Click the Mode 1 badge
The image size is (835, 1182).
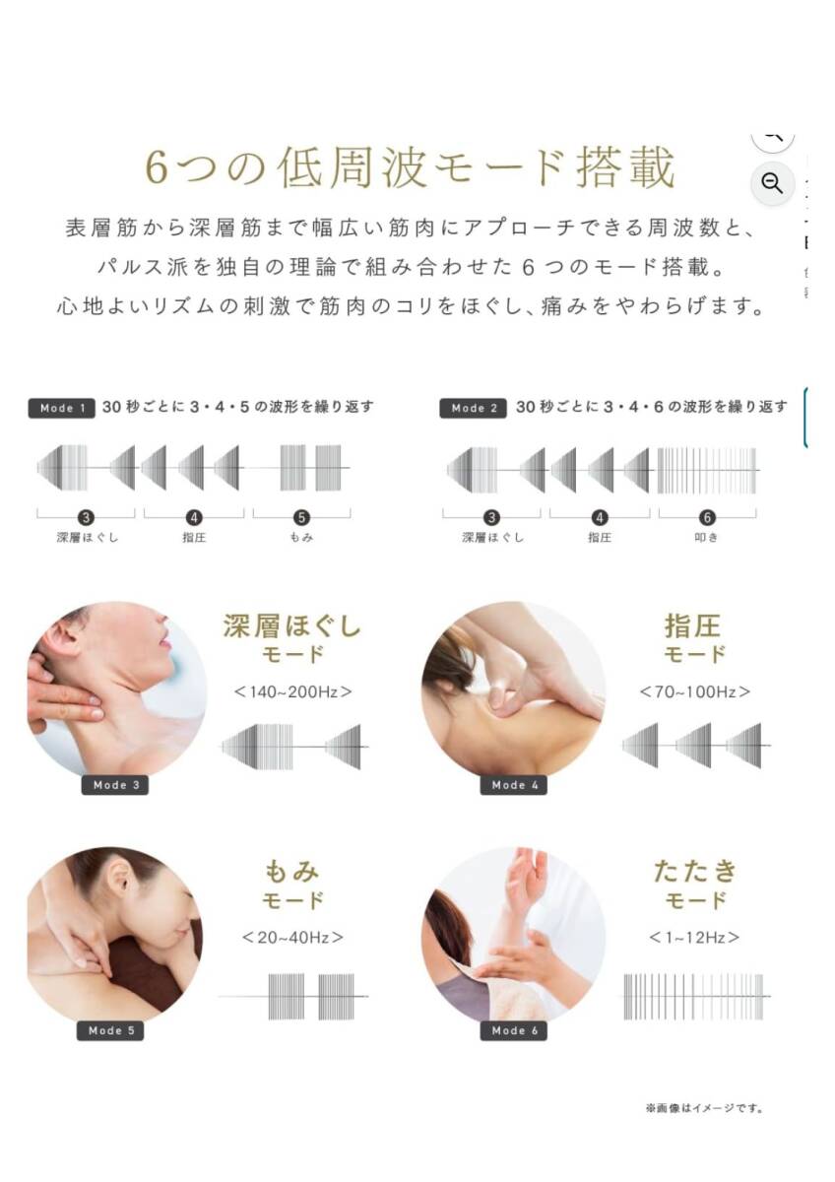(62, 408)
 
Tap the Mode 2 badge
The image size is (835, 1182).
(474, 408)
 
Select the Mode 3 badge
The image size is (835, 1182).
(115, 785)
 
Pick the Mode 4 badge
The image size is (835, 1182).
(514, 785)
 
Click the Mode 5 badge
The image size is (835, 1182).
(110, 1030)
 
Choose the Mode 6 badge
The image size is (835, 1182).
(514, 1030)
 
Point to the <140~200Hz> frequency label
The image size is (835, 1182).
(292, 691)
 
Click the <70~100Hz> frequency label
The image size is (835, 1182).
(695, 691)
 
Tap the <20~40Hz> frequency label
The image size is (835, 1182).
(292, 937)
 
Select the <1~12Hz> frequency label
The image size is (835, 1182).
(694, 937)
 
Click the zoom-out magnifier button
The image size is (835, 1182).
(772, 183)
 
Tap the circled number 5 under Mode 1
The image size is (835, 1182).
(301, 518)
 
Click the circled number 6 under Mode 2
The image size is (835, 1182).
(707, 518)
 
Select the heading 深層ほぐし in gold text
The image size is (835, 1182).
(292, 625)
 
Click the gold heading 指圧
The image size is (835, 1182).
(692, 626)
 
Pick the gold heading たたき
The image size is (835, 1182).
(695, 871)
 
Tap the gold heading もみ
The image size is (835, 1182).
(291, 871)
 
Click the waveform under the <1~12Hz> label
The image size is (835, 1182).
(694, 996)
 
